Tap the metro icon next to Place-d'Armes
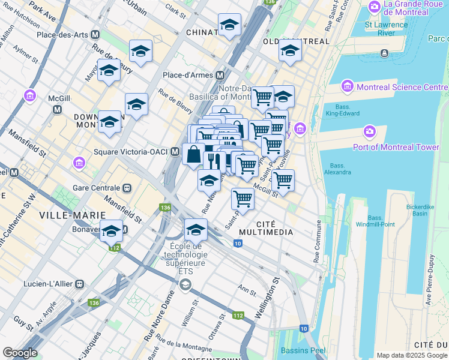[x=220, y=76]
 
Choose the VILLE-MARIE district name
[x=64, y=215]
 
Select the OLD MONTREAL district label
[x=297, y=41]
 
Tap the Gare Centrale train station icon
[x=127, y=187]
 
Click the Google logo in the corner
[x=20, y=353]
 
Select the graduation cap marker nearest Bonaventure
[x=111, y=231]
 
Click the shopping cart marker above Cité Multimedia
[x=243, y=198]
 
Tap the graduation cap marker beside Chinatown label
[x=229, y=25]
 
